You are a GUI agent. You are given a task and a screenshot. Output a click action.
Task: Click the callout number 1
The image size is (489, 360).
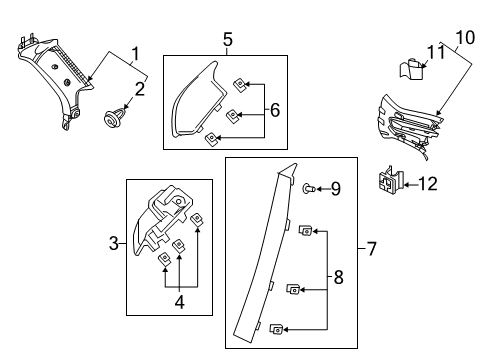pos(135,54)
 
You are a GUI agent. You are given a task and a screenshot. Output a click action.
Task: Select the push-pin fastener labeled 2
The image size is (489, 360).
pos(113,119)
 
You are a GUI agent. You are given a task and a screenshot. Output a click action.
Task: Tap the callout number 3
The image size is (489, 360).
pos(114,243)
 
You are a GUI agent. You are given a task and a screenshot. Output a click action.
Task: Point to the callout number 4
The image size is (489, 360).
pos(180,302)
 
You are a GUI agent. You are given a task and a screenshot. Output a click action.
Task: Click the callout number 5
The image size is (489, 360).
pos(228,39)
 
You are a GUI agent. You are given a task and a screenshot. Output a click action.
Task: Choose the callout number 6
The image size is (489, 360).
pos(275,110)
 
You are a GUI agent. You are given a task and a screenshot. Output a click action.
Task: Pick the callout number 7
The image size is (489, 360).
pos(371,249)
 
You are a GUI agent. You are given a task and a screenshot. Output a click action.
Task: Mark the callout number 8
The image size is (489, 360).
pos(338,277)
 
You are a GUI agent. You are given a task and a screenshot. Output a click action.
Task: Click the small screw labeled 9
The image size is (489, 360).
pos(309,189)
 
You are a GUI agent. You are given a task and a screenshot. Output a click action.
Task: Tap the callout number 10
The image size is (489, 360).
pos(465,38)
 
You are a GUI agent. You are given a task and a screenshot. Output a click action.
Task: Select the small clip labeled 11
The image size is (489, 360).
pos(412,69)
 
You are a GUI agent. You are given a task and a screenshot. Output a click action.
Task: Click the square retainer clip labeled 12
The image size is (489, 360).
pos(391,180)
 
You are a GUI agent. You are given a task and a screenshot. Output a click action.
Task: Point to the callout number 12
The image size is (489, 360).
pos(427,184)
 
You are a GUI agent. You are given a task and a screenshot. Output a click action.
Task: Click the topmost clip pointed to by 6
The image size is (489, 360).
pos(240,85)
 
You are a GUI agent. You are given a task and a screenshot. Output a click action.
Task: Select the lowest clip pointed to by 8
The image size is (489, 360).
pos(277,329)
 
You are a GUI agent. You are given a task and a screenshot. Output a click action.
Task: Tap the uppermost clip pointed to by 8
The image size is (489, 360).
pos(305,230)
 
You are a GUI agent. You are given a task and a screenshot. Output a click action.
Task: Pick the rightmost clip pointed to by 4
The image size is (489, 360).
pos(197,219)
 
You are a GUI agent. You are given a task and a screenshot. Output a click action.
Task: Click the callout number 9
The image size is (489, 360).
pos(336,189)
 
